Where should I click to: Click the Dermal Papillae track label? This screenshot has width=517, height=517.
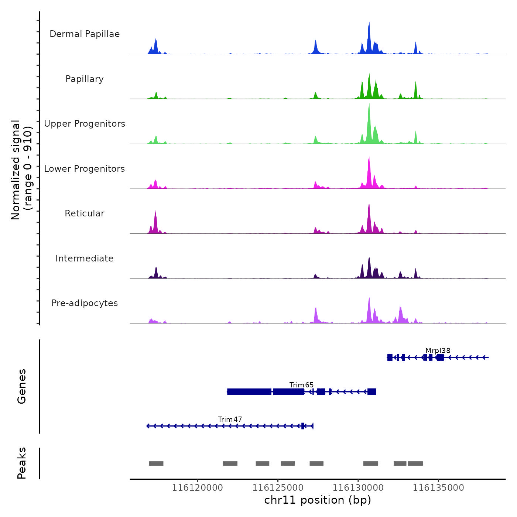(x=85, y=34)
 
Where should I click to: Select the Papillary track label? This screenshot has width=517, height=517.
(x=85, y=79)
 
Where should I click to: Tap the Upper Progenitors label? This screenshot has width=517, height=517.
(x=85, y=124)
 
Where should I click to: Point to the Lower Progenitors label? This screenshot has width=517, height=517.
(x=85, y=169)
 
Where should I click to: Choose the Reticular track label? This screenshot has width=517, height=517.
(x=85, y=213)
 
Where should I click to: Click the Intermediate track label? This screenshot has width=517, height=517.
(x=85, y=258)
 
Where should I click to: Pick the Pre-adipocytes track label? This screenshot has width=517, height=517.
(x=85, y=303)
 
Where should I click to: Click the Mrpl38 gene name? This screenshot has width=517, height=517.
(x=438, y=351)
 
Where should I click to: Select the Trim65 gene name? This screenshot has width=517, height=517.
(x=301, y=385)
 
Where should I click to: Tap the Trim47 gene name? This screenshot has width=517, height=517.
(x=230, y=420)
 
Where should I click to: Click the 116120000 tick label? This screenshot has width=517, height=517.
(x=198, y=488)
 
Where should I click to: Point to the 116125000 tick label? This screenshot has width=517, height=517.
(x=278, y=488)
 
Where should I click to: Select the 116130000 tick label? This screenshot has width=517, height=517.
(x=358, y=488)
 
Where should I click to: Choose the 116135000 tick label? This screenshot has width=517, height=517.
(x=438, y=488)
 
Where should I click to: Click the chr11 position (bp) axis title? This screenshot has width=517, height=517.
(x=318, y=500)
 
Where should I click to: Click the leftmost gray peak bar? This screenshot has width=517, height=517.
(x=156, y=463)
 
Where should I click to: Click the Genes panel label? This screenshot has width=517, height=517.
(x=22, y=386)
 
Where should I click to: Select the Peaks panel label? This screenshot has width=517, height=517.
(x=22, y=463)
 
